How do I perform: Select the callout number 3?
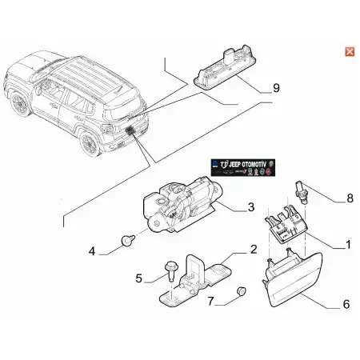[x=250, y=207]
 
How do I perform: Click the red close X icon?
[x=349, y=52]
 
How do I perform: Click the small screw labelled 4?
[x=126, y=240]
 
